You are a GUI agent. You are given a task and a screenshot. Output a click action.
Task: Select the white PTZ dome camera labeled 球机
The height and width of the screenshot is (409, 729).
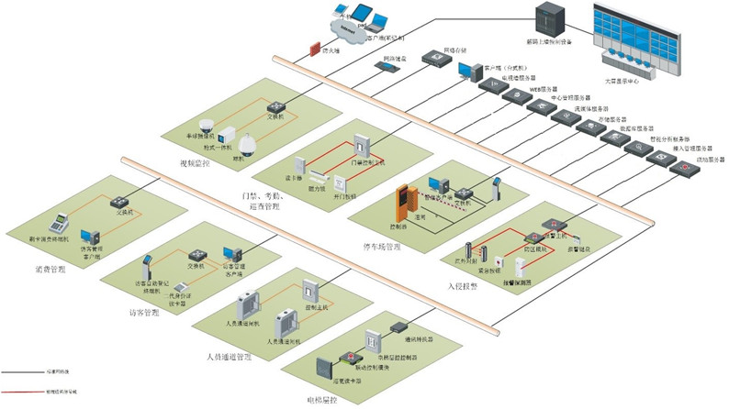point(248,140)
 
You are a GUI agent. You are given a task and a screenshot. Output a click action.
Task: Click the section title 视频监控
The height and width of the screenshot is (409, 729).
point(195,164)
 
